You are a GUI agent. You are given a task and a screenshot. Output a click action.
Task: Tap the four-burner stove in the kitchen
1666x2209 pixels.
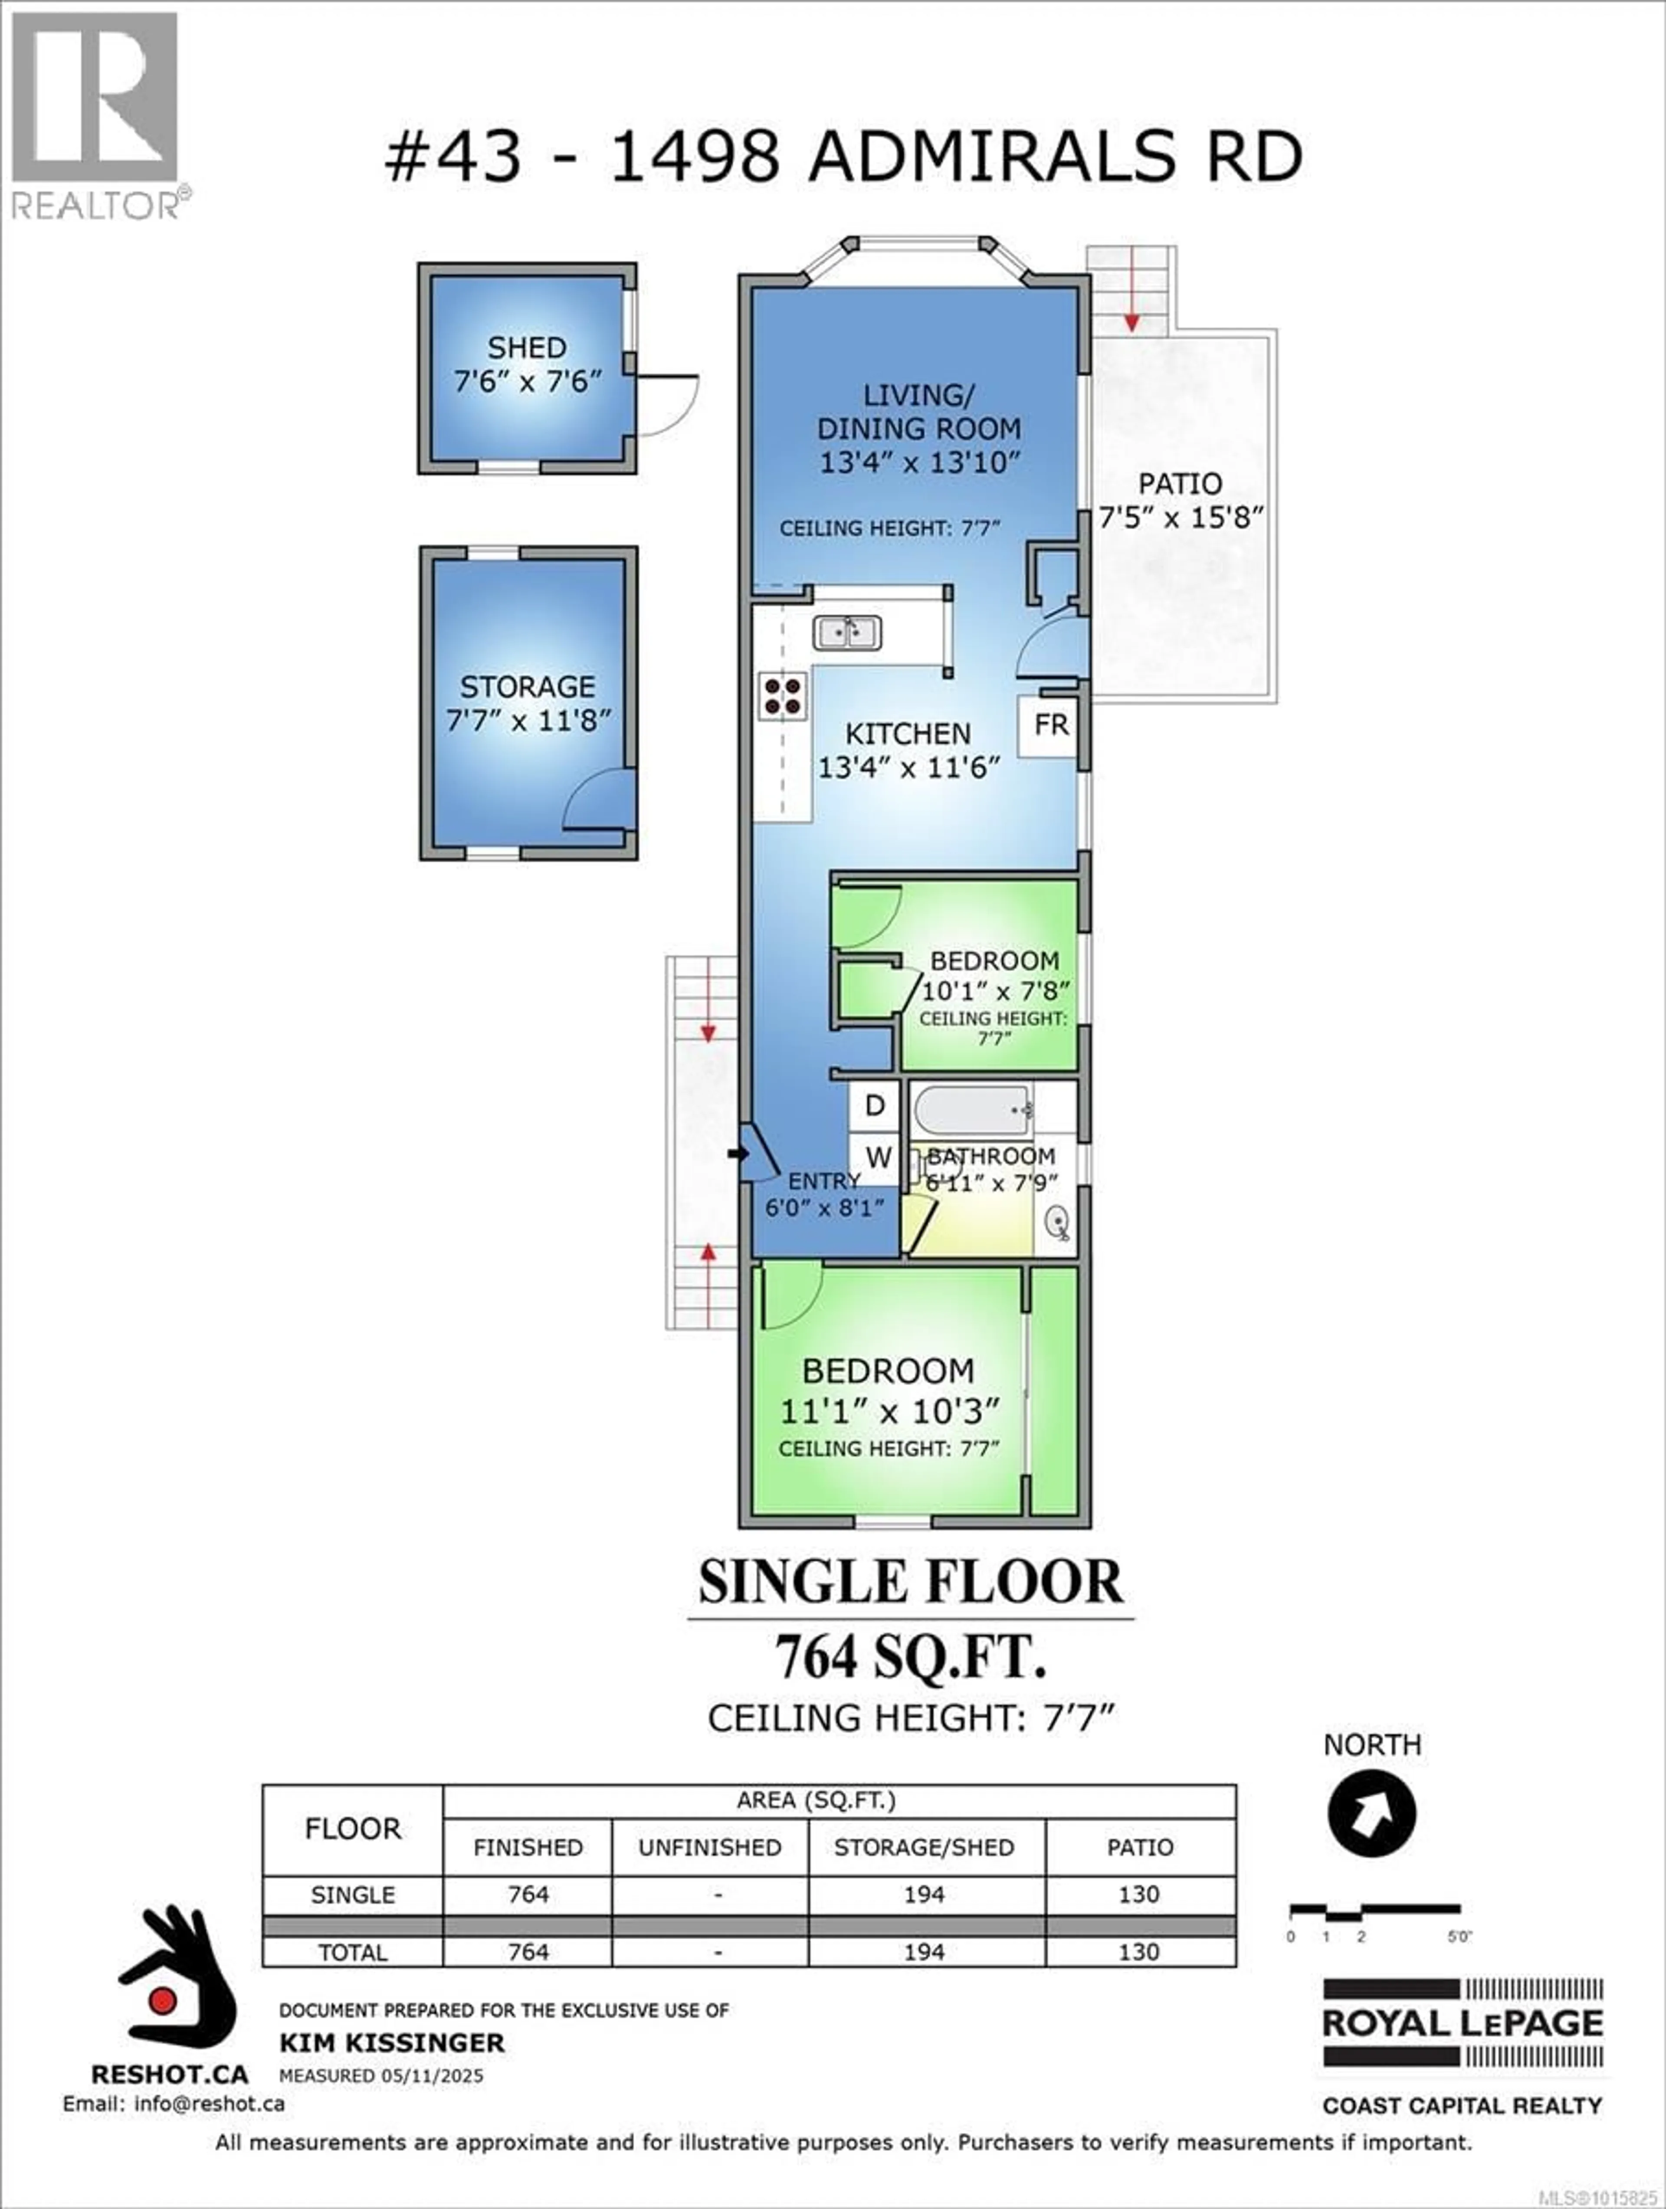[782, 696]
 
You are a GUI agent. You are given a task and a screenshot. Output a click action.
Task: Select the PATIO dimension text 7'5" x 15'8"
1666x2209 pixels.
[1181, 517]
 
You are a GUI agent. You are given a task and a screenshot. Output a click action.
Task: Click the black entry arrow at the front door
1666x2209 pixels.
[738, 1154]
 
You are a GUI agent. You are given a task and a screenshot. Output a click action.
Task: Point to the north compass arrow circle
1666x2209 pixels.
[1371, 1813]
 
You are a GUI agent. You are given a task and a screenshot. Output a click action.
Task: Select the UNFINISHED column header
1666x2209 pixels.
[709, 1848]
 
